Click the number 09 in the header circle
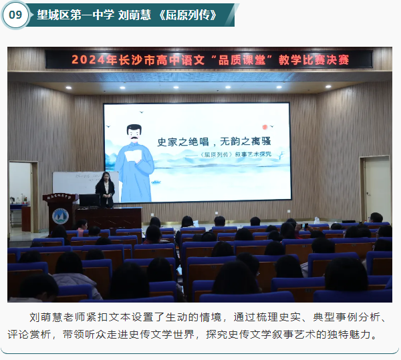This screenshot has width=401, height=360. [x=15, y=15]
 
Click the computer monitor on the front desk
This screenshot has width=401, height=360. [x=90, y=199]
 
